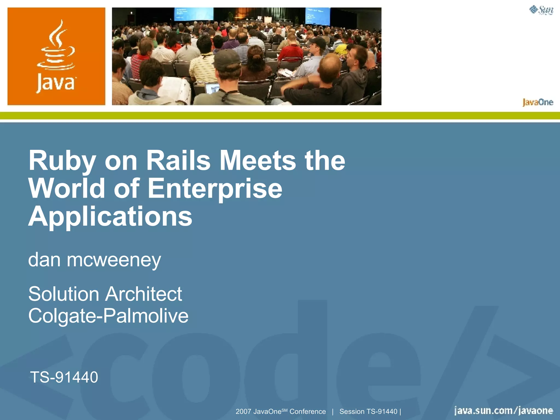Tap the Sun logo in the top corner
point(541,10)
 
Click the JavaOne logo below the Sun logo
point(538,102)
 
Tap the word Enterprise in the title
point(215,189)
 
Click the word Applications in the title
point(110,217)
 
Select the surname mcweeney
point(114,260)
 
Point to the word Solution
point(63,294)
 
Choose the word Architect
point(144,294)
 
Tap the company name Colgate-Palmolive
point(108,316)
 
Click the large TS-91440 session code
point(64,377)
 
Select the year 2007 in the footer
point(243,412)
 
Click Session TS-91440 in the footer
point(368,412)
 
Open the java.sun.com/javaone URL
point(503,411)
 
